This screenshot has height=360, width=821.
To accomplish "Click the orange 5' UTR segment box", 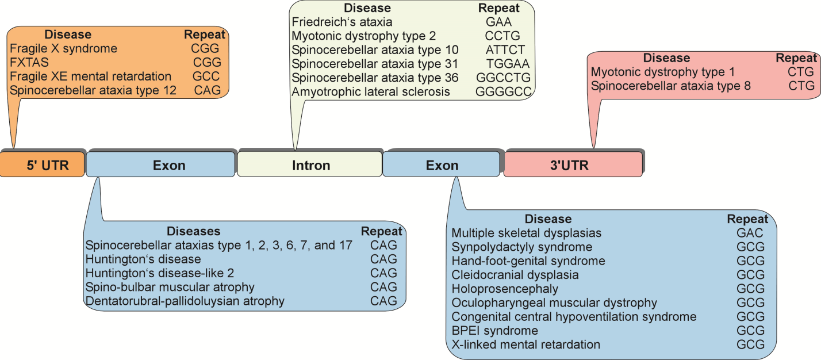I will point(43,166).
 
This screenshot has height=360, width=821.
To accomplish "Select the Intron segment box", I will point(310,166).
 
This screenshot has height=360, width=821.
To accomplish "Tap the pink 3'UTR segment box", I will point(573,166).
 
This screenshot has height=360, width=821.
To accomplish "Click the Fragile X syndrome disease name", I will point(63,48).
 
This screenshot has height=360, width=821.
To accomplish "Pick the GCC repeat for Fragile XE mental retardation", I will point(205,76).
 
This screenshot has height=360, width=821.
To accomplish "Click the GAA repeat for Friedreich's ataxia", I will point(498,22).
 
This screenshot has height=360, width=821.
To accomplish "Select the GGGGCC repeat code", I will point(504,91).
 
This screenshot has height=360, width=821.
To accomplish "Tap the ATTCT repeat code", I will point(505,50).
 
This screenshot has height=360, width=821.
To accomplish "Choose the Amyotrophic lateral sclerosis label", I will point(371,91).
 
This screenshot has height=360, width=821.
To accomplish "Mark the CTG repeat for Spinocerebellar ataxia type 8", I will point(801,86).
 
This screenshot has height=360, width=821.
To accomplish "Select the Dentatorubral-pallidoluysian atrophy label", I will point(185,301).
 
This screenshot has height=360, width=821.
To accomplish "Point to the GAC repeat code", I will point(750,233).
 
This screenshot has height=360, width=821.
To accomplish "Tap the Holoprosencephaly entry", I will point(505,289).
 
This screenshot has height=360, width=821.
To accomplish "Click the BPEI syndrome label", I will point(494,331).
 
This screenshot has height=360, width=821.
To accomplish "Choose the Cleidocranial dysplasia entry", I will point(515,275).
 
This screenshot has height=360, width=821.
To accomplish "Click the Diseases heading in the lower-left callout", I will point(193,231).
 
